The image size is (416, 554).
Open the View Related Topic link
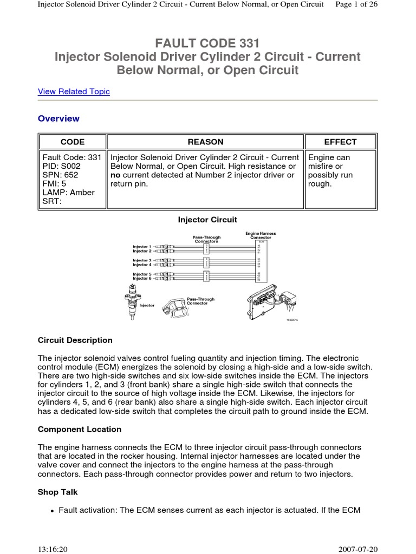point(74,91)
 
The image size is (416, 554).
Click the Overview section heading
point(58,118)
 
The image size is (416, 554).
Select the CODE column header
point(72,142)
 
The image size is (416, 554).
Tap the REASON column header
point(205,142)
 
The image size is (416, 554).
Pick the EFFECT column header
point(340,142)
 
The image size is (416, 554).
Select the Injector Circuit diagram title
point(207,220)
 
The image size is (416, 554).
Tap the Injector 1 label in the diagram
point(142,247)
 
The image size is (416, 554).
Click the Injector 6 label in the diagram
point(142,279)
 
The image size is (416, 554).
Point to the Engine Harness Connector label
point(261,235)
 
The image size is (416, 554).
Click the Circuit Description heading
point(75,340)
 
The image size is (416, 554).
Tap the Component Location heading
point(80,429)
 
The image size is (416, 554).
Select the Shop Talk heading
point(58,492)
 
